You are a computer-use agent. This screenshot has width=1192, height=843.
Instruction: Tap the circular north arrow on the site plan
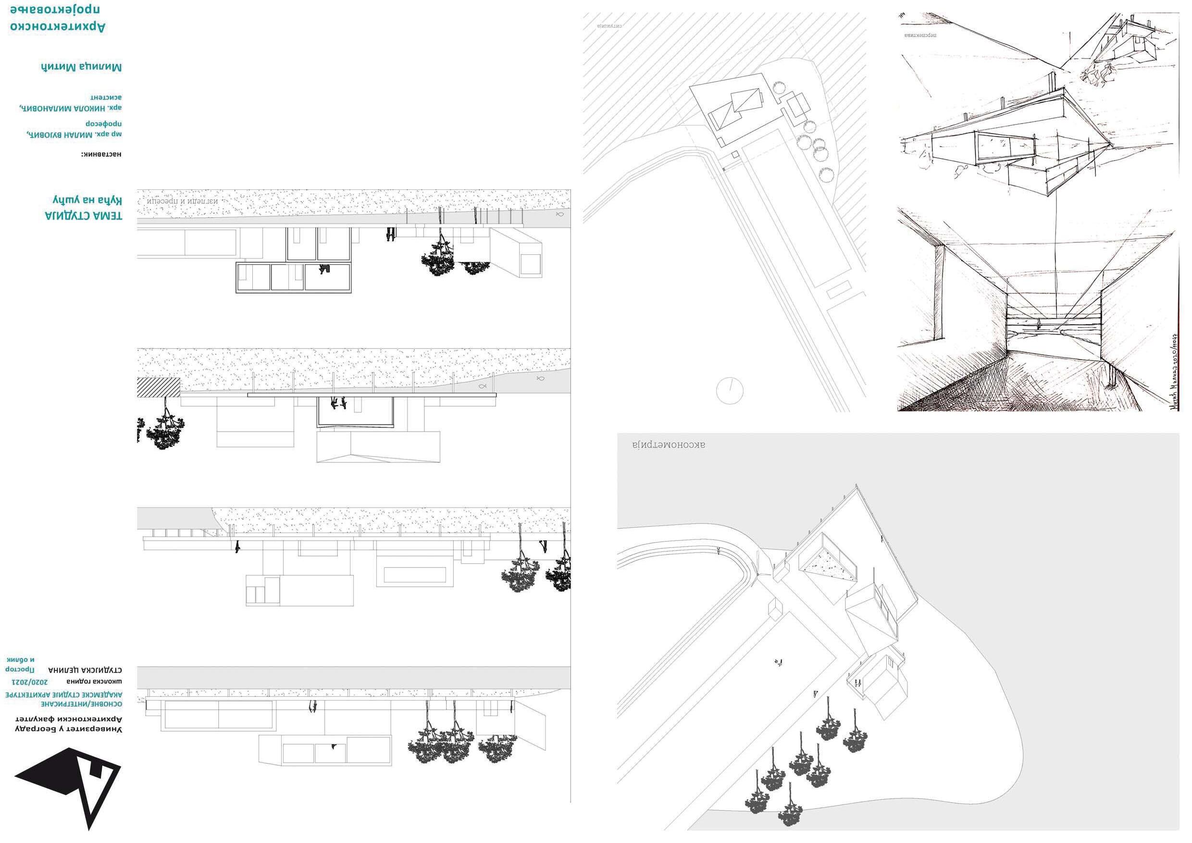pyautogui.click(x=729, y=390)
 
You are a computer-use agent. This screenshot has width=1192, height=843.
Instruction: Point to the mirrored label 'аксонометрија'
pyautogui.click(x=669, y=445)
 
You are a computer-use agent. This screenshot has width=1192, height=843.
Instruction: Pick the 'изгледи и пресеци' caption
pyautogui.click(x=182, y=200)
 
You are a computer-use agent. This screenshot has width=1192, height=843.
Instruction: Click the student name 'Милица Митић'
pyautogui.click(x=82, y=67)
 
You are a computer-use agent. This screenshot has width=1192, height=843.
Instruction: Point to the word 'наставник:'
pyautogui.click(x=101, y=154)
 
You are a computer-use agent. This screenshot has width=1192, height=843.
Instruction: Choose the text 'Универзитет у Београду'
pyautogui.click(x=67, y=729)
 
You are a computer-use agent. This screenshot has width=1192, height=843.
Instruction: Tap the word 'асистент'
pyautogui.click(x=106, y=97)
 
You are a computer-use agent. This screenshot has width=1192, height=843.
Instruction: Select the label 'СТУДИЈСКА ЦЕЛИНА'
pyautogui.click(x=85, y=669)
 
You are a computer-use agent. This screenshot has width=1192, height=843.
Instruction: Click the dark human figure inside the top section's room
pyautogui.click(x=325, y=269)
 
